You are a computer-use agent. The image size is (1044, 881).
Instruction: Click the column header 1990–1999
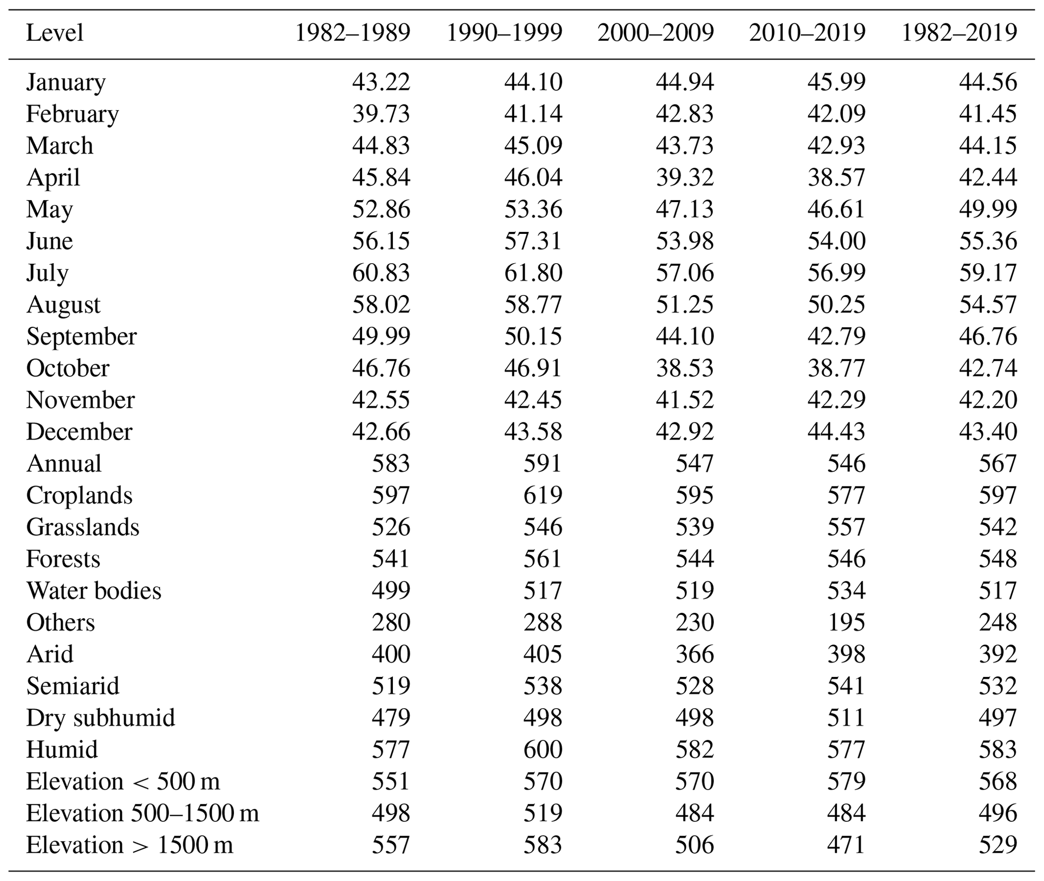pyautogui.click(x=504, y=33)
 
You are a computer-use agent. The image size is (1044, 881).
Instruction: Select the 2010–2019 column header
pyautogui.click(x=807, y=33)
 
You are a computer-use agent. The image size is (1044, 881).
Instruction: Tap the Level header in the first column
pyautogui.click(x=55, y=33)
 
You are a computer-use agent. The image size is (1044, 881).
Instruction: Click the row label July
pyautogui.click(x=47, y=273)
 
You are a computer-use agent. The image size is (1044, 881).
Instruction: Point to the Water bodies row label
pyautogui.click(x=93, y=591)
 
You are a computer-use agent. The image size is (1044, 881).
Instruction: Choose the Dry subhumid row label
pyautogui.click(x=101, y=718)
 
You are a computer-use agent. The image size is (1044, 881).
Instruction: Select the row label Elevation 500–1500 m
pyautogui.click(x=142, y=813)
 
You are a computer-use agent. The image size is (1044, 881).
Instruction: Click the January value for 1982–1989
pyautogui.click(x=381, y=82)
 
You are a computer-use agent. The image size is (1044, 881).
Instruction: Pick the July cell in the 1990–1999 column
pyautogui.click(x=533, y=273)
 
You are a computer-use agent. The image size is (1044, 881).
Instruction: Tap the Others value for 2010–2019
pyautogui.click(x=846, y=623)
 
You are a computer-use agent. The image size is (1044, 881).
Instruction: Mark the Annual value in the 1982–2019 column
pyautogui.click(x=998, y=464)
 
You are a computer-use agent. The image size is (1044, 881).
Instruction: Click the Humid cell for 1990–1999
pyautogui.click(x=542, y=750)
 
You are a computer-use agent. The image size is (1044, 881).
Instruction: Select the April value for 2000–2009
pyautogui.click(x=684, y=178)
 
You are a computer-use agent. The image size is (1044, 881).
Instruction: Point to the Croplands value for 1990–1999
pyautogui.click(x=542, y=496)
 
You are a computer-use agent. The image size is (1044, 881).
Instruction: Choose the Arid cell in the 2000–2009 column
pyautogui.click(x=694, y=655)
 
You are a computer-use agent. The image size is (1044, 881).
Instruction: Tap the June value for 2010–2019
pyautogui.click(x=836, y=241)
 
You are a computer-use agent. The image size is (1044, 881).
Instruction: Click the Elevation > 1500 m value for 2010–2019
pyautogui.click(x=846, y=845)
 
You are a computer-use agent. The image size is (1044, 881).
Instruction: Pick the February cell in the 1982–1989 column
pyautogui.click(x=381, y=114)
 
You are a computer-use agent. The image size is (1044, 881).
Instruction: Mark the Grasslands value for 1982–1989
pyautogui.click(x=391, y=527)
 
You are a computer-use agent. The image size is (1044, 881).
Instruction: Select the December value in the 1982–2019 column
pyautogui.click(x=988, y=432)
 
